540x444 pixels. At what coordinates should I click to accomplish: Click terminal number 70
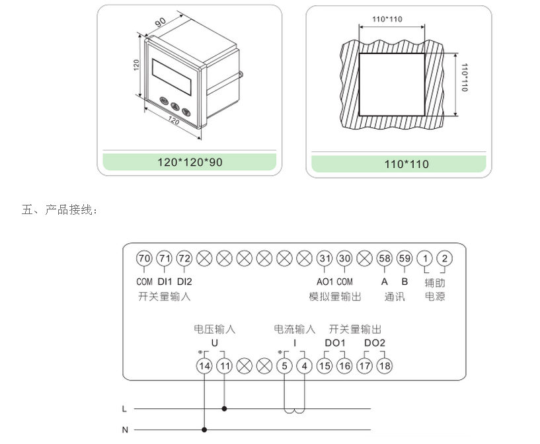tap(144, 258)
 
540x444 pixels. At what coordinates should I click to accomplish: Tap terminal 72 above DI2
tap(184, 258)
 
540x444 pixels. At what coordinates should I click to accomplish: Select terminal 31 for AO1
tap(324, 258)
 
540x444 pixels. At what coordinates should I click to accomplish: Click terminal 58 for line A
tap(384, 258)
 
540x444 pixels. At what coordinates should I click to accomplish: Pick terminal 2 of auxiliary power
tap(445, 258)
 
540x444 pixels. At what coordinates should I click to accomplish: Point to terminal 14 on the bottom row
tap(204, 365)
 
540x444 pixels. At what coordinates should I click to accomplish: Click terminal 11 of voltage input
tap(225, 365)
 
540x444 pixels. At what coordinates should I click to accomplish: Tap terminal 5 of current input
tap(284, 365)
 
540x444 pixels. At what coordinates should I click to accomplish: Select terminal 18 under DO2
tap(384, 365)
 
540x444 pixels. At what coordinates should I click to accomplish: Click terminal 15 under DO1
tap(325, 365)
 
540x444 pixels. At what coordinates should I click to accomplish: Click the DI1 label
tap(164, 281)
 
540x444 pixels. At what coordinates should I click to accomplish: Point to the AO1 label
tap(323, 281)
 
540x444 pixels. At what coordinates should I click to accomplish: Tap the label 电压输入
tap(214, 329)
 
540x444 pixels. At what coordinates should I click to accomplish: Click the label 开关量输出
tap(355, 329)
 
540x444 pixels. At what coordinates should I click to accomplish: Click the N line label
tap(124, 429)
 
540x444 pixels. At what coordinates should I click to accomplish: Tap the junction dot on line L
tap(225, 409)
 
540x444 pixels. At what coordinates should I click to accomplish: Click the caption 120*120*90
tap(190, 162)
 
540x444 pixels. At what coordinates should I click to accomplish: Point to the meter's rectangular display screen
tap(173, 77)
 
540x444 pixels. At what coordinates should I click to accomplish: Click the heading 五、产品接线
tap(60, 210)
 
